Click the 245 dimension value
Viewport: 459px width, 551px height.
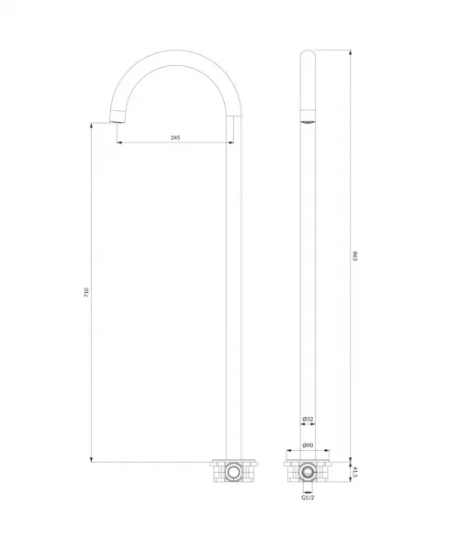tap(175, 138)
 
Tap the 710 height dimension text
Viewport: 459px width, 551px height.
tap(86, 293)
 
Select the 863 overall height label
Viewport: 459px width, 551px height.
tap(354, 256)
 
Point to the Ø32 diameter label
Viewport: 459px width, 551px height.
tap(308, 419)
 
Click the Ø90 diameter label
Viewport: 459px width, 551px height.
tap(308, 445)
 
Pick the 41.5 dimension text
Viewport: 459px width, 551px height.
tap(355, 472)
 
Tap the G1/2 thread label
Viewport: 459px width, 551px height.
tap(308, 497)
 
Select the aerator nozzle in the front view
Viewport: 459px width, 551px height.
tap(308, 116)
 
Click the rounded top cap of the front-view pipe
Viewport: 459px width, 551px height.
tap(308, 53)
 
